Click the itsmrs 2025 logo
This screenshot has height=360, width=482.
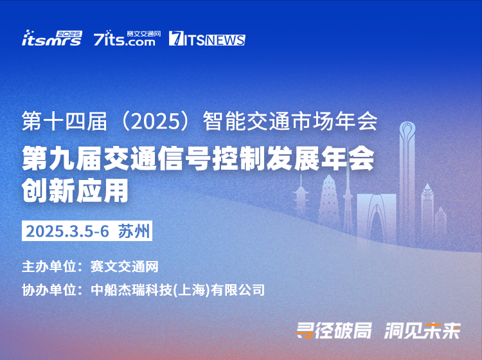click(x=52, y=38)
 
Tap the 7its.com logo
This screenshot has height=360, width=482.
click(x=127, y=38)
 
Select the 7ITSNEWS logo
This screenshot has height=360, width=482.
click(x=207, y=39)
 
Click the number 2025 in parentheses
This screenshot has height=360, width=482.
click(x=156, y=122)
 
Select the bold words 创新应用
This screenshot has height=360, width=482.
click(x=75, y=190)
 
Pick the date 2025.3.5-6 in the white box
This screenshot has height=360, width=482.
click(x=67, y=231)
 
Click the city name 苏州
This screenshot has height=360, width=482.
click(x=134, y=231)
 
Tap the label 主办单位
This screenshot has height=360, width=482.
click(x=49, y=266)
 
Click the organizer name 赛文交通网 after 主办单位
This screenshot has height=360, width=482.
click(x=125, y=266)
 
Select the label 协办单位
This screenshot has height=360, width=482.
click(x=49, y=289)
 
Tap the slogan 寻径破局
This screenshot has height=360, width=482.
click(x=334, y=330)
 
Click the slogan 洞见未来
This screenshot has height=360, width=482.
click(x=422, y=330)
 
